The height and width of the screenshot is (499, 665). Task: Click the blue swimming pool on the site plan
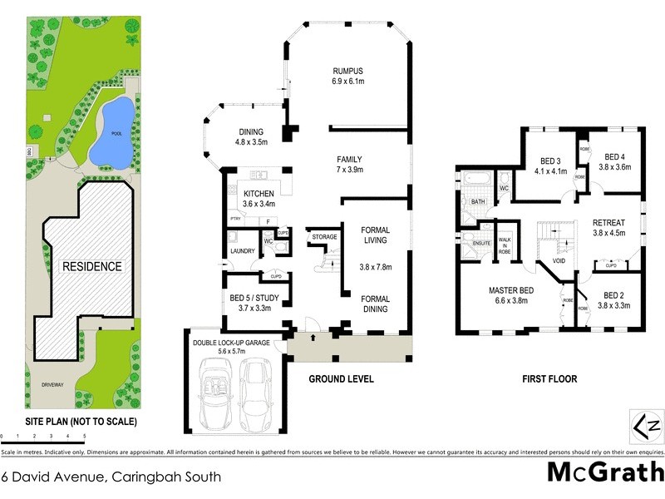111,131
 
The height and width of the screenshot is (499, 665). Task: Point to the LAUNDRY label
242,250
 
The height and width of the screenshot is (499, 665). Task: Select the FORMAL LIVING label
374,236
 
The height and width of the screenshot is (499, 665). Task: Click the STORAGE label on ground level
324,237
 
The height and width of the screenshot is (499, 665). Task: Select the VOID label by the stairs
559,260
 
